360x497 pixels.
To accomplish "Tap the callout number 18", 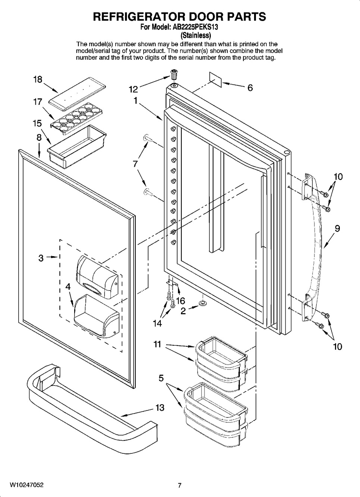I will click(37, 79).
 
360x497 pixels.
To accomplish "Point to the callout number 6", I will click(250, 88).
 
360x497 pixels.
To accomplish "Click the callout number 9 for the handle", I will click(337, 229).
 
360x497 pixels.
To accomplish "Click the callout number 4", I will click(68, 287).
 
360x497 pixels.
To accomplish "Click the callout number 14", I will click(157, 324).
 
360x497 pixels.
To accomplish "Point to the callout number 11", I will click(157, 345).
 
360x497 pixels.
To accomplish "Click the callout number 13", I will click(160, 408).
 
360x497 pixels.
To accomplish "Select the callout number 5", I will click(161, 378).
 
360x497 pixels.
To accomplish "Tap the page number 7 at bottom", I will click(179, 485).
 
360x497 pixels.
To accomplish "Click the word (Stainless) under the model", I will click(195, 36).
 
